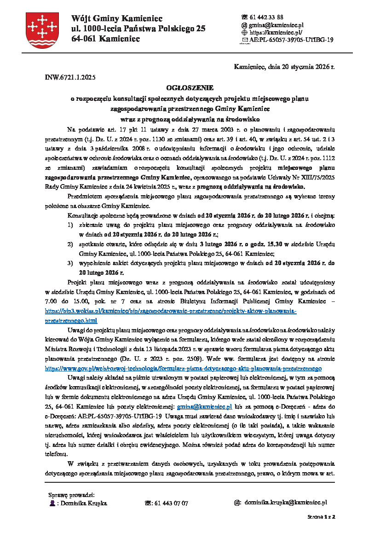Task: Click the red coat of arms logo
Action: (42, 30)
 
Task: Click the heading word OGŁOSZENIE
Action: (190, 87)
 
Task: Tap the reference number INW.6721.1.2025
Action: (70, 77)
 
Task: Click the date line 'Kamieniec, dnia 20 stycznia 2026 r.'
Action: (284, 67)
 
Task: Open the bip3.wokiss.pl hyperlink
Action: (171, 311)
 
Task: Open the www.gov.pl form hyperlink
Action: (183, 369)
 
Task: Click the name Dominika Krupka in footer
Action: (84, 503)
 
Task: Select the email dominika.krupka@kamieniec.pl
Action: (285, 503)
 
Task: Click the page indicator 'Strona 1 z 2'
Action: (321, 517)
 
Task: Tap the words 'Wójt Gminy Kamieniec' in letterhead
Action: (117, 18)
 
